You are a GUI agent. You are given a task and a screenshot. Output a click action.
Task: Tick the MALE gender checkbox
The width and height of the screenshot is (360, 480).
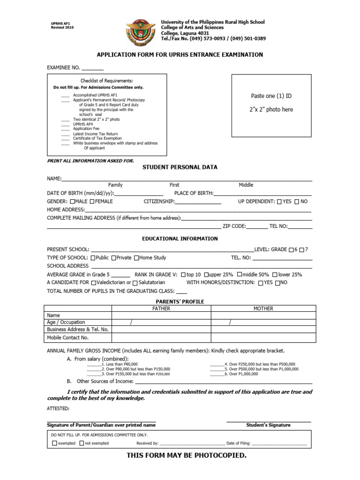72,202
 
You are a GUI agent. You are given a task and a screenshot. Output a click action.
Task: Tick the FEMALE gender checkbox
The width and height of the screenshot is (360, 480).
92,202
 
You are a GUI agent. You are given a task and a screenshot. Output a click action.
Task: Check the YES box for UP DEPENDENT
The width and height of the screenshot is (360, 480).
279,202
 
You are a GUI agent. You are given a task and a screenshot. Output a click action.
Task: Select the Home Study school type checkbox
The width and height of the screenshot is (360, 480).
136,258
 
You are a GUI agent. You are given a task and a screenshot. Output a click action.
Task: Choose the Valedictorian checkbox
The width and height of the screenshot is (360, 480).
94,283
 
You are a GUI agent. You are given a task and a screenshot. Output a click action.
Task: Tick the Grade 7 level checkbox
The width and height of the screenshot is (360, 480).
302,249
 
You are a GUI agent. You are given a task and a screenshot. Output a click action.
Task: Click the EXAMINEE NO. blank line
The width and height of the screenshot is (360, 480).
93,69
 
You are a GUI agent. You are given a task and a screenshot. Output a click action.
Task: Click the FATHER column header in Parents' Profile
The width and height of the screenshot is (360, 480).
161,309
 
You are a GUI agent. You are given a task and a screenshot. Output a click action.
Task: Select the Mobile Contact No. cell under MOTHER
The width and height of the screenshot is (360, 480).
262,337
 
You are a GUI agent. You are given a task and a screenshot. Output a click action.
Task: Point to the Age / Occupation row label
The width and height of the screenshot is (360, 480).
66,322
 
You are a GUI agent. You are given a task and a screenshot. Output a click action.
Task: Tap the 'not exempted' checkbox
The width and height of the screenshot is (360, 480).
82,443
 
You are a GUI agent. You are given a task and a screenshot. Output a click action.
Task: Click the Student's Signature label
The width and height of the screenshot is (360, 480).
268,425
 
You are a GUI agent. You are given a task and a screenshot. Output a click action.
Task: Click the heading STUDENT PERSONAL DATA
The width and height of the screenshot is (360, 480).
180,167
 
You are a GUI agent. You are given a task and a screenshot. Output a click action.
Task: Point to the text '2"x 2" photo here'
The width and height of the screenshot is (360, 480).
271,109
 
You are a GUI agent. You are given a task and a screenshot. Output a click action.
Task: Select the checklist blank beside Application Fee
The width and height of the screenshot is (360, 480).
65,129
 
